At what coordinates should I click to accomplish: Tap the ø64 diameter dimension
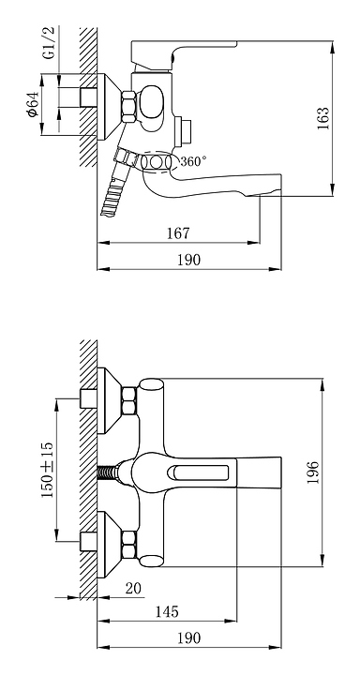coord(33,104)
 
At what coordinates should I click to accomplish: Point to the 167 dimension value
coord(178,233)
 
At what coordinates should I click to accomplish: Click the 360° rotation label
coord(193,161)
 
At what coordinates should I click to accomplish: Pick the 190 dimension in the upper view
coord(189,260)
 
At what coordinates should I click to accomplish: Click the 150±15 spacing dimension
coord(47,470)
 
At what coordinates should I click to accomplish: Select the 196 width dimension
coord(313,472)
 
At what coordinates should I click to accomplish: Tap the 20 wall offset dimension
coord(133,589)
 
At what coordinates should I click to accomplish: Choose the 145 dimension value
coord(167,611)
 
